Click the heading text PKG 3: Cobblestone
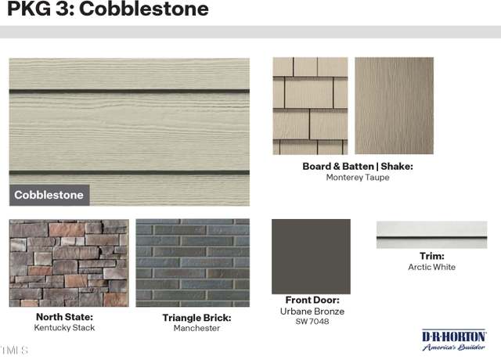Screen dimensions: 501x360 coord(108,9)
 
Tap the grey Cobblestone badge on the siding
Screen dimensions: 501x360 coord(49,195)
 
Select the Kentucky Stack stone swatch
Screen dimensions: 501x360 coord(69,263)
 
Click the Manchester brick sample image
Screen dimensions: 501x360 coord(193,263)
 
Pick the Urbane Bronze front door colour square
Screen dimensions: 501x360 coord(312,257)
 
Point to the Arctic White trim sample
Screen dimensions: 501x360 coord(431,235)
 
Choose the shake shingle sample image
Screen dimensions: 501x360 coord(310,106)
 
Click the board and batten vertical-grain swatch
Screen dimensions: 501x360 coord(395,106)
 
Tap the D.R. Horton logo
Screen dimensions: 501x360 coord(454,340)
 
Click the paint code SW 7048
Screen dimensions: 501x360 coord(312,322)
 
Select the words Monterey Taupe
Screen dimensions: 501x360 coord(358,178)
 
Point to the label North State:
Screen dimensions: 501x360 coord(64,317)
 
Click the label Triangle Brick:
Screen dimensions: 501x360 coord(196,318)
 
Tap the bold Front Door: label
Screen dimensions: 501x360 coord(312,300)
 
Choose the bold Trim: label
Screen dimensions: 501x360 coord(432,256)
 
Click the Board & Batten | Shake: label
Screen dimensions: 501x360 coord(358,167)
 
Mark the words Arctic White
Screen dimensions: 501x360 coord(431,267)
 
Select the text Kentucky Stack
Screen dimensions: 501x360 coord(64,328)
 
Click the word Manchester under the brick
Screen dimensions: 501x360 coord(196,328)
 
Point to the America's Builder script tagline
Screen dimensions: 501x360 coord(454,347)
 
